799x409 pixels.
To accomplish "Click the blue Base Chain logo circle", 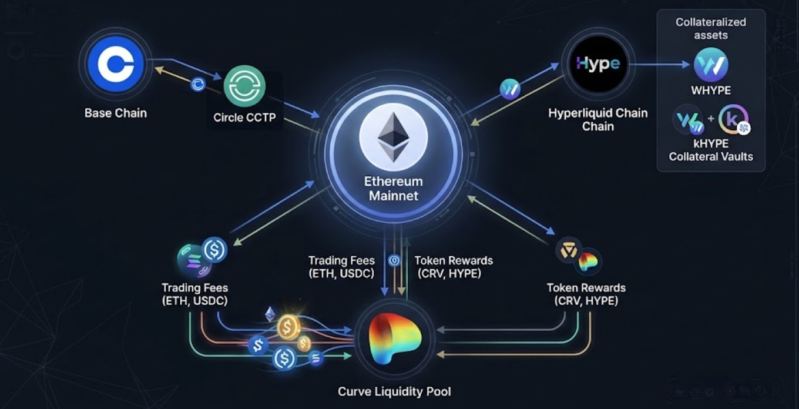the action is pyautogui.click(x=116, y=64).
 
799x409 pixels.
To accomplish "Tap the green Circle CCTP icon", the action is pyautogui.click(x=244, y=86).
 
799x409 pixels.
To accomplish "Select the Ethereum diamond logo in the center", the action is pyautogui.click(x=394, y=138).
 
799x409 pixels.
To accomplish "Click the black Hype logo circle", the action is pyautogui.click(x=598, y=64).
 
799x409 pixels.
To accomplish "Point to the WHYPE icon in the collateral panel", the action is pyautogui.click(x=710, y=65).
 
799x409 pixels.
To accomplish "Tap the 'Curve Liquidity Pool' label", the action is pyautogui.click(x=394, y=391).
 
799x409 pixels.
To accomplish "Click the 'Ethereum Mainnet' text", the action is pyautogui.click(x=394, y=189).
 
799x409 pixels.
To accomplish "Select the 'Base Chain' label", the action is pyautogui.click(x=116, y=113).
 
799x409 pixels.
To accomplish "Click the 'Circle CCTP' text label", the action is pyautogui.click(x=244, y=118).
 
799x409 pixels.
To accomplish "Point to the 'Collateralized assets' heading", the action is pyautogui.click(x=710, y=29).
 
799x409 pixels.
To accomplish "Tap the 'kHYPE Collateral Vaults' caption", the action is pyautogui.click(x=711, y=150).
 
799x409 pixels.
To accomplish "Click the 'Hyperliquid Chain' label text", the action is pyautogui.click(x=598, y=113).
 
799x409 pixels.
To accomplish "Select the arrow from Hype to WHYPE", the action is pyautogui.click(x=659, y=65).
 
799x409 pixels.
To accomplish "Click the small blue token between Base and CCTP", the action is pyautogui.click(x=197, y=85).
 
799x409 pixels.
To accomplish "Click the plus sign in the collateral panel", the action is pyautogui.click(x=711, y=118).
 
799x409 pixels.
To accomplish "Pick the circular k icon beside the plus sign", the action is pyautogui.click(x=733, y=119).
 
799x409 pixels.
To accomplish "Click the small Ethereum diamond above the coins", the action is pyautogui.click(x=270, y=314).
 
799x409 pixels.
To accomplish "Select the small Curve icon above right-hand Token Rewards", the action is pyautogui.click(x=588, y=262).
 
